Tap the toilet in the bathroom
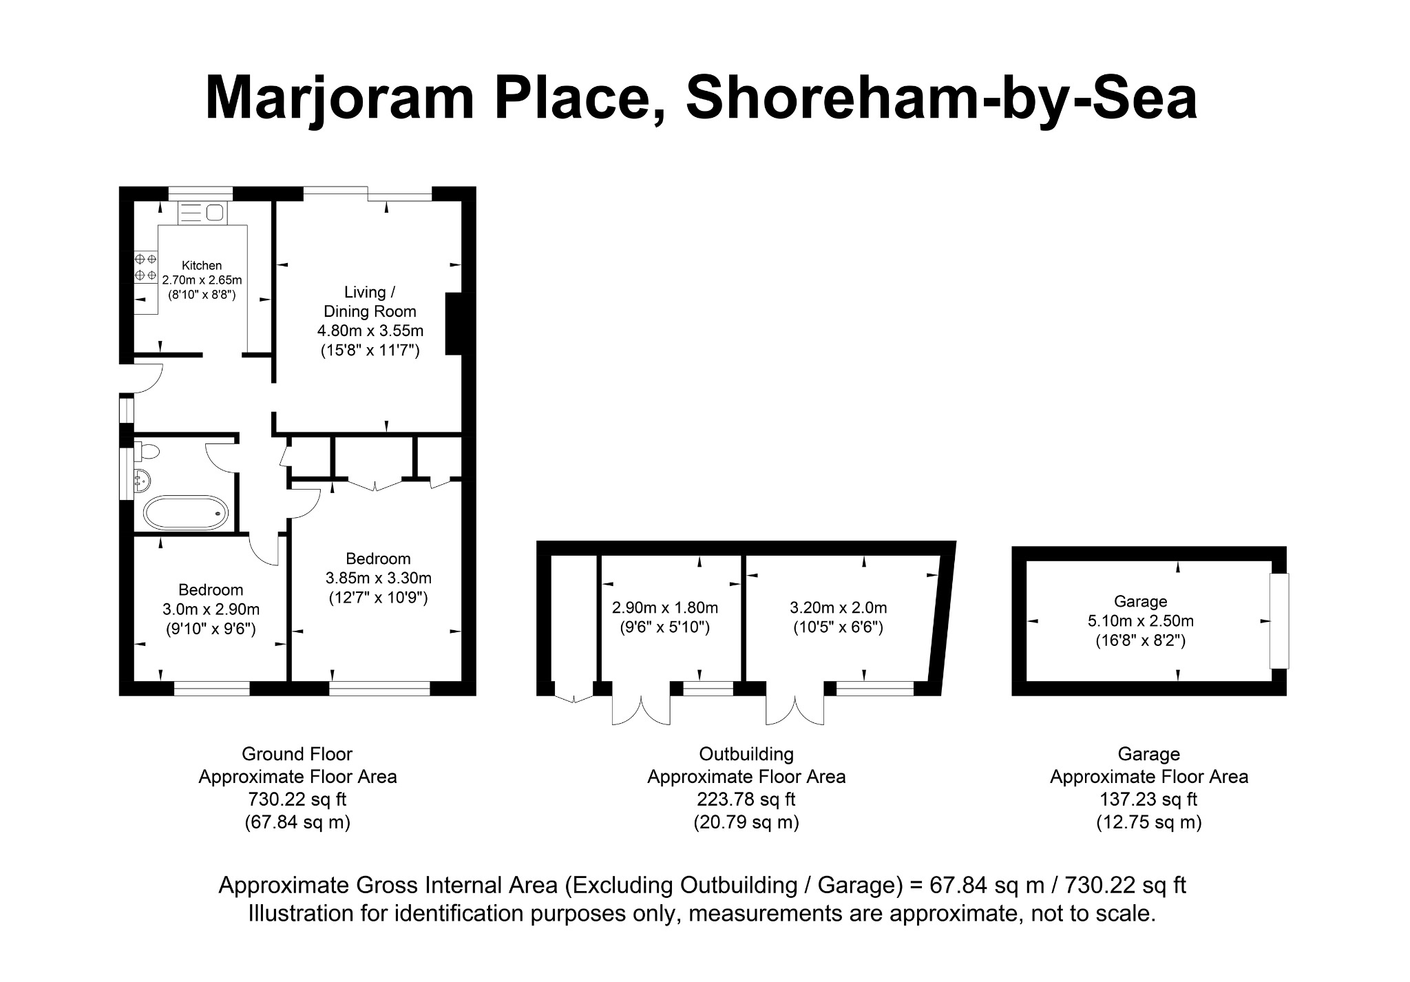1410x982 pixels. pos(147,452)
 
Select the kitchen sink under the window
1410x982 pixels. pos(202,213)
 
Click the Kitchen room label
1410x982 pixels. pos(202,265)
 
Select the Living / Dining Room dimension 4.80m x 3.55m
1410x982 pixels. pos(370,331)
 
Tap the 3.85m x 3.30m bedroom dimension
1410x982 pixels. pos(378,578)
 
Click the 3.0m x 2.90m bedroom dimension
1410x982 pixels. pos(211,609)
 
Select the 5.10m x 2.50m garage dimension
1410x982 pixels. pos(1140,620)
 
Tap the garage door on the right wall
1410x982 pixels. pos(1279,620)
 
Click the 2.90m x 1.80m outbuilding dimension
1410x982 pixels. pos(665,607)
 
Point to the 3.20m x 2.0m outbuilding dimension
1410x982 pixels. pos(838,607)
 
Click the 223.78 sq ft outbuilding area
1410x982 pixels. pos(746,800)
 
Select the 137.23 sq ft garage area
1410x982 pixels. pos(1148,800)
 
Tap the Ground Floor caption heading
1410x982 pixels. pos(297,754)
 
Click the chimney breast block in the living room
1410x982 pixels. pos(454,324)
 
